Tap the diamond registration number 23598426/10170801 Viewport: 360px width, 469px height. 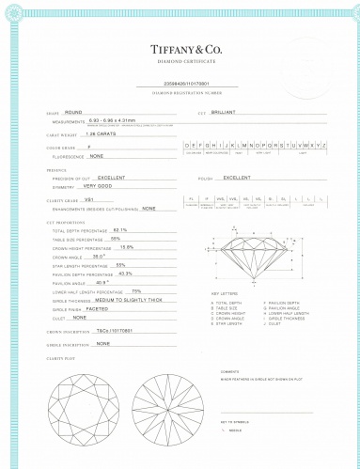(x=186, y=86)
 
